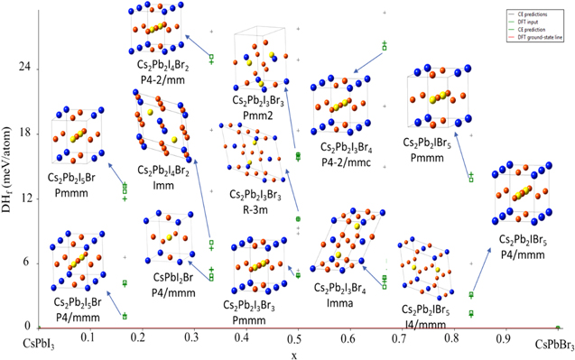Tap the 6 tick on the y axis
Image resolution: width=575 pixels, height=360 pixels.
pos(27,263)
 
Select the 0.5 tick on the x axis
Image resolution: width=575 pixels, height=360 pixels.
pos(293,337)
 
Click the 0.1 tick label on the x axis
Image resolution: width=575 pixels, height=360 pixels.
pos(88,337)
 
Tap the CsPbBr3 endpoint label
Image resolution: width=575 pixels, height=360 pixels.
pos(551,344)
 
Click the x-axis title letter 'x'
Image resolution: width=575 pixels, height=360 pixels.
pos(293,355)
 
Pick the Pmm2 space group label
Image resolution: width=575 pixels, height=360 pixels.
pos(257,115)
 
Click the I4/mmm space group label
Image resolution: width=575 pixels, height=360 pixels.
pos(427,323)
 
